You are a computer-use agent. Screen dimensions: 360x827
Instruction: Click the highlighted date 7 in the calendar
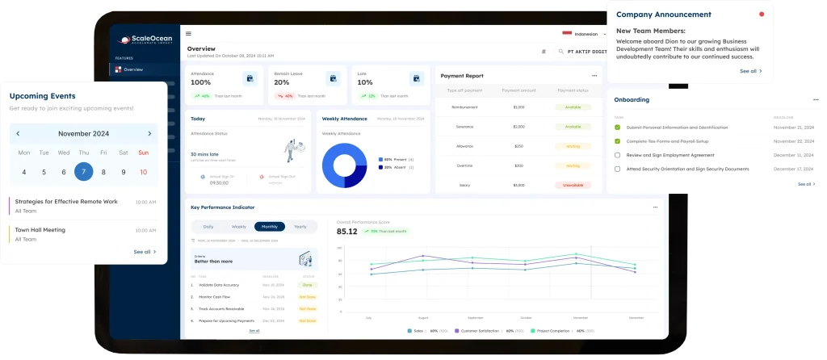point(83,171)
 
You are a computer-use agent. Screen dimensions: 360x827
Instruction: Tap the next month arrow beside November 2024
point(149,134)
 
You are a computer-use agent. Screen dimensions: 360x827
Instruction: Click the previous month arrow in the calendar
point(19,134)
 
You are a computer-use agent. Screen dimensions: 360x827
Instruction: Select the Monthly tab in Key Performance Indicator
point(269,227)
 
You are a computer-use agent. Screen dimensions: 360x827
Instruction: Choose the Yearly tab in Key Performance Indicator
point(300,227)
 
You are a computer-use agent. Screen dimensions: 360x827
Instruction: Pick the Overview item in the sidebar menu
point(133,69)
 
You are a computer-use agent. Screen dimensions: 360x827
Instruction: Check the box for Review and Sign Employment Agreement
point(618,155)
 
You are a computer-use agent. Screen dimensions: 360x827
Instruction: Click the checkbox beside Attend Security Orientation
point(618,169)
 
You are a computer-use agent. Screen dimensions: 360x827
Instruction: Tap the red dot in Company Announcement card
point(761,15)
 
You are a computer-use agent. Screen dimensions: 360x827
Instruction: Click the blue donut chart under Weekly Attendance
point(345,165)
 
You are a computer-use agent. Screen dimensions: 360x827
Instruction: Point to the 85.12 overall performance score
point(347,232)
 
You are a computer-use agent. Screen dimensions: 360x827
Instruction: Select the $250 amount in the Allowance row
point(518,146)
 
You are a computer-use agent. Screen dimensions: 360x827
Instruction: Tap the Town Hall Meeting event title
point(40,230)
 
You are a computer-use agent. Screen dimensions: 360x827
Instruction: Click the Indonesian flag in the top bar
point(567,34)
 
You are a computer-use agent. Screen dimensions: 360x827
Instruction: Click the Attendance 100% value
point(201,82)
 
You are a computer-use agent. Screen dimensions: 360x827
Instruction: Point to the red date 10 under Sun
point(144,171)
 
